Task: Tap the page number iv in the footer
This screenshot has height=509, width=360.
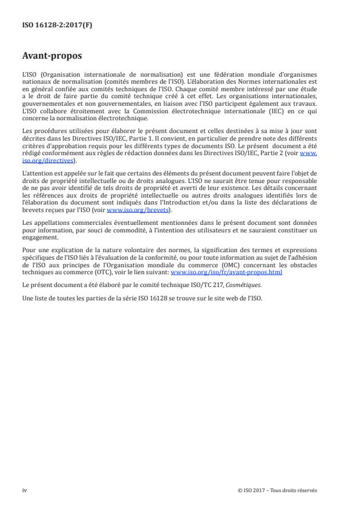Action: (25, 490)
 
